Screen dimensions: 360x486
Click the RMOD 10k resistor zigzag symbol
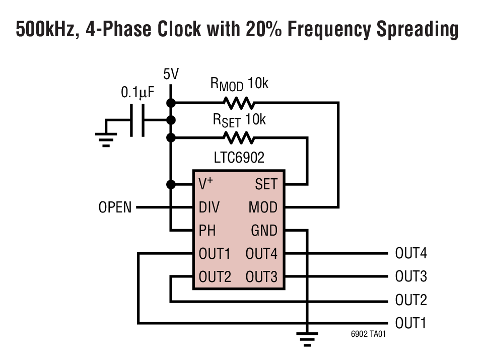click(x=239, y=103)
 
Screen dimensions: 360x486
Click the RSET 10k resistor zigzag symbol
click(x=239, y=137)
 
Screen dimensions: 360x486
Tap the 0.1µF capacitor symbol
click(x=137, y=120)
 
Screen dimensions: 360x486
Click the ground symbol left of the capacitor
click(x=106, y=136)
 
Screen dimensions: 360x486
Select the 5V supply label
click(x=171, y=75)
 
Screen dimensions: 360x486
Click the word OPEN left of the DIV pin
click(x=115, y=207)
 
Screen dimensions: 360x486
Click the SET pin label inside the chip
click(x=266, y=184)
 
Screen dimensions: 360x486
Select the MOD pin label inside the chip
click(x=263, y=207)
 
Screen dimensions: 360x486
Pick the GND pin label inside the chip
click(x=264, y=231)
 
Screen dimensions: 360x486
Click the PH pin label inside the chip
click(x=207, y=231)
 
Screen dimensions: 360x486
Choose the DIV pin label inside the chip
click(x=209, y=207)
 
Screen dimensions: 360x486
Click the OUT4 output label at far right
click(x=410, y=253)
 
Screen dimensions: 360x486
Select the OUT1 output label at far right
click(x=410, y=323)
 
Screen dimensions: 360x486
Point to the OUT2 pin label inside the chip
click(x=215, y=277)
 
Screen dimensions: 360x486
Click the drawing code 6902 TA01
click(x=368, y=334)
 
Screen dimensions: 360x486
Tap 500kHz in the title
click(x=46, y=30)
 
